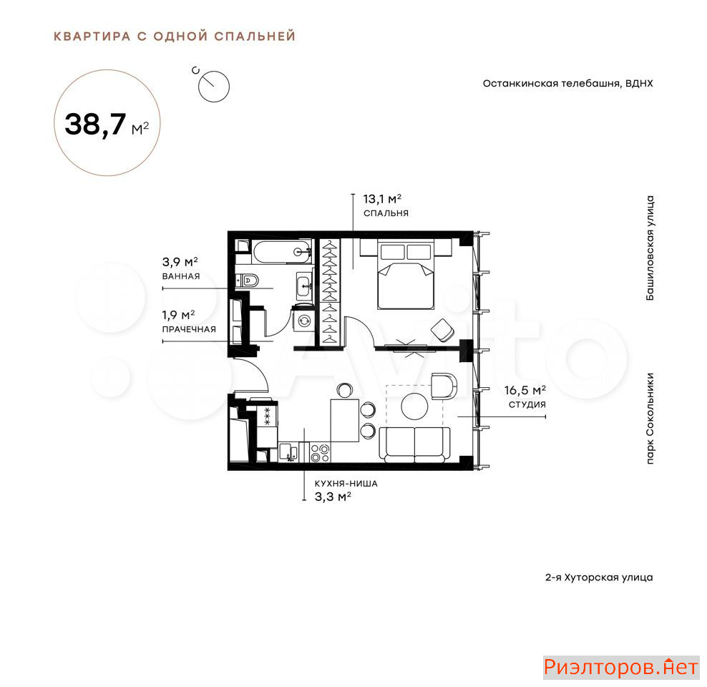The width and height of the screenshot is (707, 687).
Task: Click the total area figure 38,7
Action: pos(95,125)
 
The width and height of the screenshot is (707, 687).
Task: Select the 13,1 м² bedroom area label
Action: pos(382,199)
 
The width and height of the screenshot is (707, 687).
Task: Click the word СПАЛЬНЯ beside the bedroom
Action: pos(386,213)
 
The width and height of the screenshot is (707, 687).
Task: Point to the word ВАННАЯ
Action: pos(181,276)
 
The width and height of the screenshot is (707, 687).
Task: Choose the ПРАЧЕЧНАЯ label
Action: pos(189,329)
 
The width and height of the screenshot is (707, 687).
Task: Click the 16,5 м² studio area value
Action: pos(525,390)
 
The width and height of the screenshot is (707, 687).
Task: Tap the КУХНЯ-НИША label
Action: pos(346,484)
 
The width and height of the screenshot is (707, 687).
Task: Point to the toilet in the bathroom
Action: pos(248,281)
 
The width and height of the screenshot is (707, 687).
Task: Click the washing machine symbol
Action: pos(304,320)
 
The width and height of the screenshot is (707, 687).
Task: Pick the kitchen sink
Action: pos(288,452)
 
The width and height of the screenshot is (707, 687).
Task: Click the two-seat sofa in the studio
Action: pos(414,444)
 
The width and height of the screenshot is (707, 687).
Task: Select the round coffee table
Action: pos(414,406)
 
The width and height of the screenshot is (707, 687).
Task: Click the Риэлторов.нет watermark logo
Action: pos(621,667)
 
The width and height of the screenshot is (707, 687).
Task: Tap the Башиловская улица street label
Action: pos(650,248)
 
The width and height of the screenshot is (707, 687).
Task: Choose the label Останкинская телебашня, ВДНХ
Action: pos(567,84)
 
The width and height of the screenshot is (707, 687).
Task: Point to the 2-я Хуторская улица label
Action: pos(599,578)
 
